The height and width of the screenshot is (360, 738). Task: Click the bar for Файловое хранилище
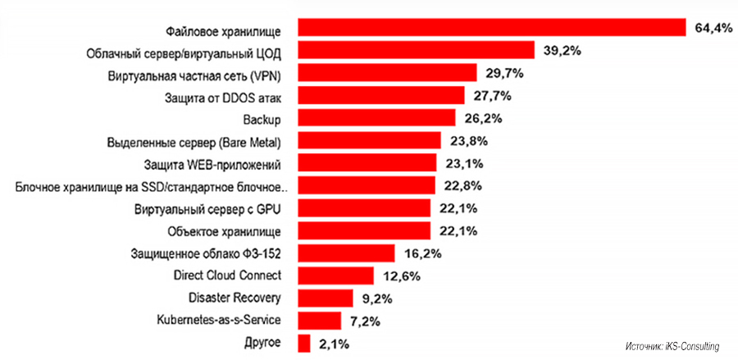point(492,29)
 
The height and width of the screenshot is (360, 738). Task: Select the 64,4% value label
point(713,29)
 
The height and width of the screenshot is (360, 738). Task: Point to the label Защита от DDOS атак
point(224,97)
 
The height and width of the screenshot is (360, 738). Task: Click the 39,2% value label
point(562,51)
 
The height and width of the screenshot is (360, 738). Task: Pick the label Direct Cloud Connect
point(229,275)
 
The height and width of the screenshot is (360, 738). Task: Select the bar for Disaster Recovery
point(326,297)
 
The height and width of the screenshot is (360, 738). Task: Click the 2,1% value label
point(334,342)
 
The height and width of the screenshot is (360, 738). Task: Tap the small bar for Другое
point(304,342)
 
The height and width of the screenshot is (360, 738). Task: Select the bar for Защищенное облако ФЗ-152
point(347,253)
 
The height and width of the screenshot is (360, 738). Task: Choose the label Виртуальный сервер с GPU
point(208,208)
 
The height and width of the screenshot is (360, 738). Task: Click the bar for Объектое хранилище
point(364,230)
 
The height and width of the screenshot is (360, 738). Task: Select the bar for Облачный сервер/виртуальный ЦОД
point(417,51)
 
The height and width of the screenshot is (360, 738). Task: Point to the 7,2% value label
point(362,320)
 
